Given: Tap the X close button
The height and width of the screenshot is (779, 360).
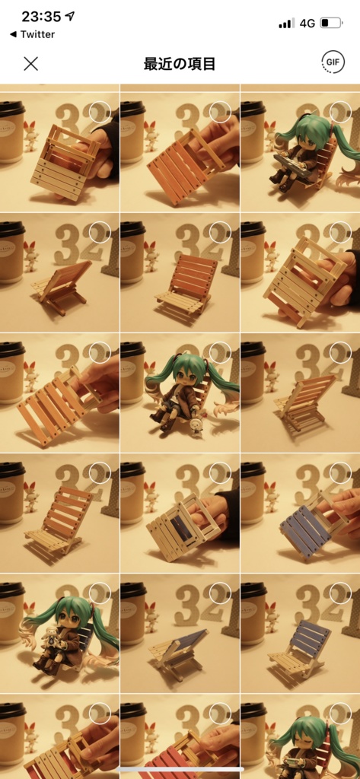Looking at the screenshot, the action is [x=31, y=64].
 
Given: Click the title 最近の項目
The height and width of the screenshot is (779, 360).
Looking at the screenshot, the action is [x=180, y=64].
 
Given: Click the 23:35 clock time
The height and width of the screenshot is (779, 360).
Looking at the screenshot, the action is [x=41, y=17].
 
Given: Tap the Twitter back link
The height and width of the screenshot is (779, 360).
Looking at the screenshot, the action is [x=32, y=34].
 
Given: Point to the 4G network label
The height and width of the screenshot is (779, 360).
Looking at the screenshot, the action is [x=307, y=23].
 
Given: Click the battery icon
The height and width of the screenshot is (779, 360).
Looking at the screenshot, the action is [x=332, y=23].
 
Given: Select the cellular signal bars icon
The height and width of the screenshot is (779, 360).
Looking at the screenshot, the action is [x=286, y=24].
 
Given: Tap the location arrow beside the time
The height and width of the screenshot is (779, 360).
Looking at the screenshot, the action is [x=70, y=16].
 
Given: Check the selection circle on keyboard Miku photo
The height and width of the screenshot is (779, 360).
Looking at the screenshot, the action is [x=340, y=112].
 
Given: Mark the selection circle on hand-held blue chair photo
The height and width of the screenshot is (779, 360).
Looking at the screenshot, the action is [x=340, y=472].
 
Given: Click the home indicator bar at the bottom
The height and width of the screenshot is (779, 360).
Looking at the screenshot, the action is [x=180, y=769].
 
